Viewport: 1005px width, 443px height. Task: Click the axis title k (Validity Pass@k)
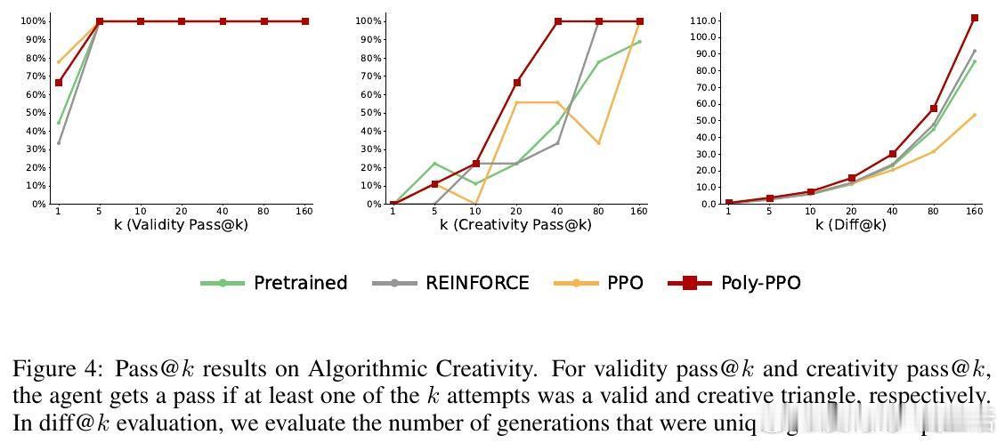point(182,224)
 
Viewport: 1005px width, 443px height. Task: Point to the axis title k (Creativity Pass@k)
point(515,224)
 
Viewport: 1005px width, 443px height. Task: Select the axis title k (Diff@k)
point(851,224)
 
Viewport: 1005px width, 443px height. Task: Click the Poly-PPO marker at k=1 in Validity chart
point(59,83)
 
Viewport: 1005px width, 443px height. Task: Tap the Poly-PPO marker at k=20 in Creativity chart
point(516,83)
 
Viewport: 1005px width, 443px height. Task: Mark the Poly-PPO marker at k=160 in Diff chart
point(975,18)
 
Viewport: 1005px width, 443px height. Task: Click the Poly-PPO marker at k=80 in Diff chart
point(934,109)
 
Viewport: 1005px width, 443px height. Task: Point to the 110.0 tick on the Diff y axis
point(702,20)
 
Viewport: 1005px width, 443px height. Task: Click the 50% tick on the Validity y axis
point(35,113)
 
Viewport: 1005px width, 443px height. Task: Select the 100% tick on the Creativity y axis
point(369,21)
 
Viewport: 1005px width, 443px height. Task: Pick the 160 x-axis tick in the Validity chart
point(304,211)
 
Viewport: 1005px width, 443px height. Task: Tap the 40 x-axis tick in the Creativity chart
point(557,211)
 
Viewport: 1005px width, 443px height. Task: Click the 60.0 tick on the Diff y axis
point(705,104)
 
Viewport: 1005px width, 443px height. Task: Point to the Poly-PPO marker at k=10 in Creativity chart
point(475,164)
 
